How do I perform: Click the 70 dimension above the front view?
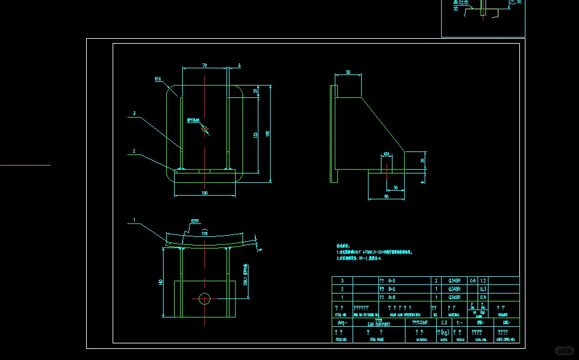pos(204,65)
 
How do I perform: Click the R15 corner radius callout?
pos(158,79)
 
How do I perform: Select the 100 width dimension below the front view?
pos(204,193)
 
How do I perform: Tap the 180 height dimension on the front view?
pos(267,134)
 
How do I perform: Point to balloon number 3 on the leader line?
pos(134,113)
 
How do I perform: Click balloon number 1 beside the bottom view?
pos(134,219)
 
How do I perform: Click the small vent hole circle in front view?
pos(205,129)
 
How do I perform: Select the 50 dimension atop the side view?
pos(348,72)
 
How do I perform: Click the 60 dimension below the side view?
pos(386,196)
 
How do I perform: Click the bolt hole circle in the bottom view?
pos(204,299)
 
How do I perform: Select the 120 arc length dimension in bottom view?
pos(204,234)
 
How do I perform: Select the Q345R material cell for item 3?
pos(454,281)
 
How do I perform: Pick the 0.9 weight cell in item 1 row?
pos(483,297)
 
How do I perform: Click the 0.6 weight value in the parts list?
pos(473,281)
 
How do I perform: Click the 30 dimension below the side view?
pos(395,187)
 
